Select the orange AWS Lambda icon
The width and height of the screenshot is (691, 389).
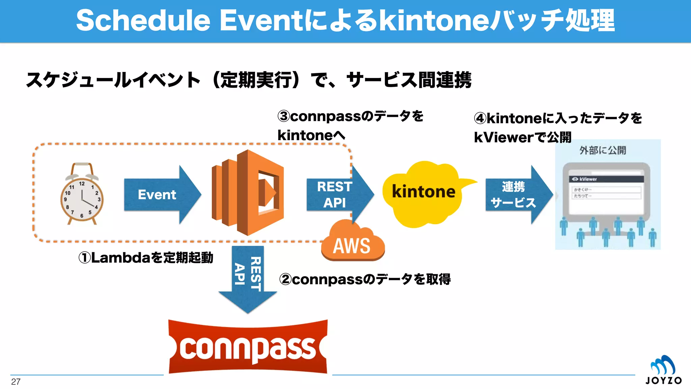(x=248, y=192)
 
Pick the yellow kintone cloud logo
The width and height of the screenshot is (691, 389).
(x=423, y=192)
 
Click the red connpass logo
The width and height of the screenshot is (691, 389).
(x=248, y=347)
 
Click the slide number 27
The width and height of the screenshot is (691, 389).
(x=16, y=382)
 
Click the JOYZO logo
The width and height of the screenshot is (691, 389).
(x=663, y=370)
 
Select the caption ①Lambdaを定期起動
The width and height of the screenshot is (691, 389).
(x=146, y=258)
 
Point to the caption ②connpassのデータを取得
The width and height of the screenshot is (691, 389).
(x=364, y=279)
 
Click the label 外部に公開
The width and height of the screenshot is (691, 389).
(x=603, y=150)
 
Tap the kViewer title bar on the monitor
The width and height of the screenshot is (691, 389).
(x=606, y=179)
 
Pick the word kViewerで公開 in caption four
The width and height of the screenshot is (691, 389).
(x=522, y=137)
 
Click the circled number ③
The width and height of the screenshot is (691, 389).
(x=283, y=116)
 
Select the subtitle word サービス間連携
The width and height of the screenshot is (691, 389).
(x=409, y=80)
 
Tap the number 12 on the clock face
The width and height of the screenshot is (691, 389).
(x=82, y=184)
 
